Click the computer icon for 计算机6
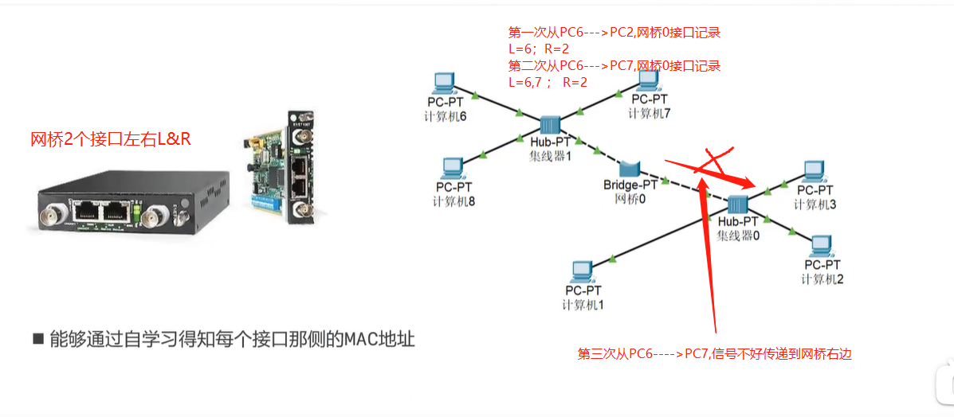tap(442, 81)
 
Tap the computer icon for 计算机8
tap(452, 168)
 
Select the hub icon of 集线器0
tap(737, 203)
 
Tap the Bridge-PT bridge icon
tap(630, 169)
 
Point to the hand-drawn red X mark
tap(712, 162)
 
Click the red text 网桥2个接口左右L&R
tap(110, 139)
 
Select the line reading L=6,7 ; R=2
tap(548, 82)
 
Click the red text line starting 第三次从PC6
tap(714, 354)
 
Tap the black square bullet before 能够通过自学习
tap(37, 339)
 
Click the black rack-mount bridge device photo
tap(112, 204)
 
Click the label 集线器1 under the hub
tap(550, 156)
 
